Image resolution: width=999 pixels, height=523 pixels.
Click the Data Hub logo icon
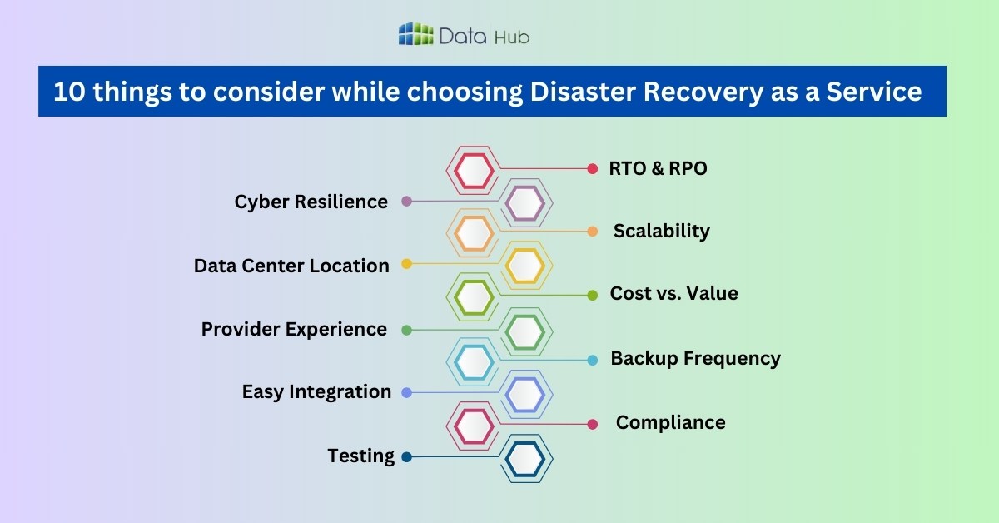point(416,34)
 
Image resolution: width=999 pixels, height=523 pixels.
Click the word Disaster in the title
point(575,92)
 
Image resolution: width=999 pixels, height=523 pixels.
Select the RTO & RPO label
point(658,168)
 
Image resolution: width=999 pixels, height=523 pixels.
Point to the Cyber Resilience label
point(311,202)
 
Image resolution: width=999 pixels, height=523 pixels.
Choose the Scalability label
point(661,231)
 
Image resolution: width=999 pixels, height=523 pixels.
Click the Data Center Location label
point(291,266)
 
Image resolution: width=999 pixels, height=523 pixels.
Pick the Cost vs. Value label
point(673,293)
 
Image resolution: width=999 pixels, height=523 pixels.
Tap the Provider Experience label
point(294,329)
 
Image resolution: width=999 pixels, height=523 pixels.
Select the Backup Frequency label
point(695,358)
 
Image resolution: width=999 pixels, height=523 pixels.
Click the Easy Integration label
point(316,391)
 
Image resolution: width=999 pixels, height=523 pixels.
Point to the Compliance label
point(670,422)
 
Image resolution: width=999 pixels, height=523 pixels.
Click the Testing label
point(360,456)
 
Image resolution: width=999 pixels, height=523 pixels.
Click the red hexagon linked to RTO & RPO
point(475,170)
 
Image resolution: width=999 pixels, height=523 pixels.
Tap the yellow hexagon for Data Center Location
point(525,266)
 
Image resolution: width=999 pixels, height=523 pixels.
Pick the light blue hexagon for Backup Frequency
point(475,362)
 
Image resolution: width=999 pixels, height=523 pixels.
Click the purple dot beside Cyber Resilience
point(406,202)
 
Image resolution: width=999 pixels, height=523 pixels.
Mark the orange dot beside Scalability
point(593,232)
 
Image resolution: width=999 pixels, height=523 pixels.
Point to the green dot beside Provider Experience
point(406,330)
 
